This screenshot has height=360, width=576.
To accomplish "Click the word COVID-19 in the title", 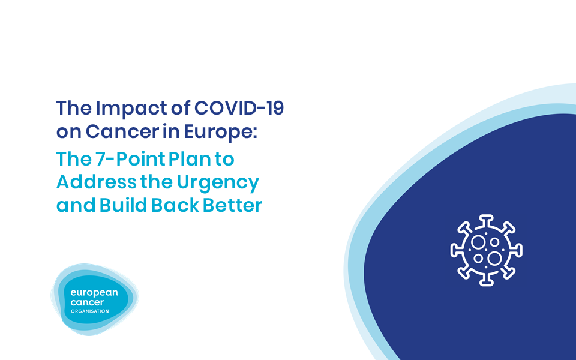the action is coord(239,108).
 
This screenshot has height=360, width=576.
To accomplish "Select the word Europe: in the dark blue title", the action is coord(220,132).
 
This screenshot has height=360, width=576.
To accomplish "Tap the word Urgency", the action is coord(218,183).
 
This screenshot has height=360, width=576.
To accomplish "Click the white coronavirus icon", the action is coord(487,250).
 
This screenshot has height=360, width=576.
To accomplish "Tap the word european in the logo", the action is coord(94,293).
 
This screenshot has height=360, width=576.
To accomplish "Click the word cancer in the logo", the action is coord(87,302).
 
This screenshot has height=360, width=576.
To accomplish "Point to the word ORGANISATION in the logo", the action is coord(89,311).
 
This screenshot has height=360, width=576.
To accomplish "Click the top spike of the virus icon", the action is coord(487,220).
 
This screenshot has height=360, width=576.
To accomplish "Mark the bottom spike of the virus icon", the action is coord(487,281).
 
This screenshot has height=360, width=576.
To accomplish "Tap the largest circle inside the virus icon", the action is coord(494,258).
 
